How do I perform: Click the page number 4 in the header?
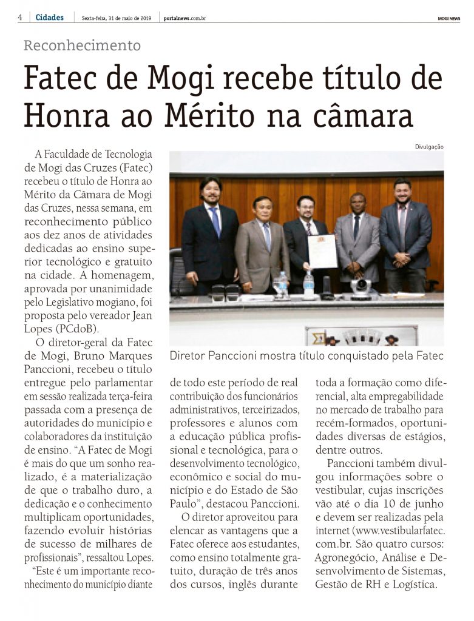point(20,18)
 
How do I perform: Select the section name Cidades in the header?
point(50,18)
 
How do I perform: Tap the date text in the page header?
point(117,18)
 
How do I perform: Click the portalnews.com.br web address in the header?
point(185,18)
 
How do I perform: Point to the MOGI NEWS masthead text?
point(448,18)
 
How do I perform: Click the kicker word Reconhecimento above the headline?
point(82,45)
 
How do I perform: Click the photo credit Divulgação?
point(429,146)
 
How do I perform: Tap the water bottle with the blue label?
point(309,284)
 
